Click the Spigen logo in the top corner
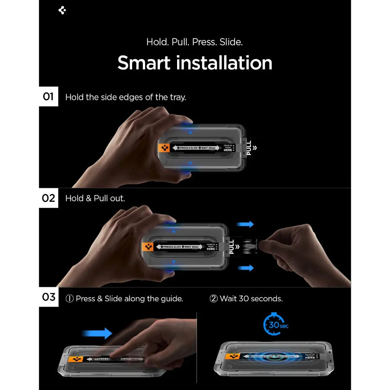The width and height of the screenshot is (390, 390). [62, 10]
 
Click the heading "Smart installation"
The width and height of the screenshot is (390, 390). [195, 63]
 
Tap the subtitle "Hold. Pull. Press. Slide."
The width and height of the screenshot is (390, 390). [195, 42]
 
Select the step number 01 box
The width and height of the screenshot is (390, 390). [48, 96]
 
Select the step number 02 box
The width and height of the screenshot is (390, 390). [48, 198]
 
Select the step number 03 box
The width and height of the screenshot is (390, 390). [48, 297]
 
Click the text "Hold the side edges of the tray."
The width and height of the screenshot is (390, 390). [126, 97]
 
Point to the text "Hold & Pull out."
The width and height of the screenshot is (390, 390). [95, 198]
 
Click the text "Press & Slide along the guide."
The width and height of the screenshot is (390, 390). [125, 299]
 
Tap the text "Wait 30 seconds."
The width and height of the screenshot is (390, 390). [246, 299]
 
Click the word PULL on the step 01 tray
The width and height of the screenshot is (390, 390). [249, 148]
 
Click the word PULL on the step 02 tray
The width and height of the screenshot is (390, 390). [232, 247]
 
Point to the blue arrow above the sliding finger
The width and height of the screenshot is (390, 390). [97, 333]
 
